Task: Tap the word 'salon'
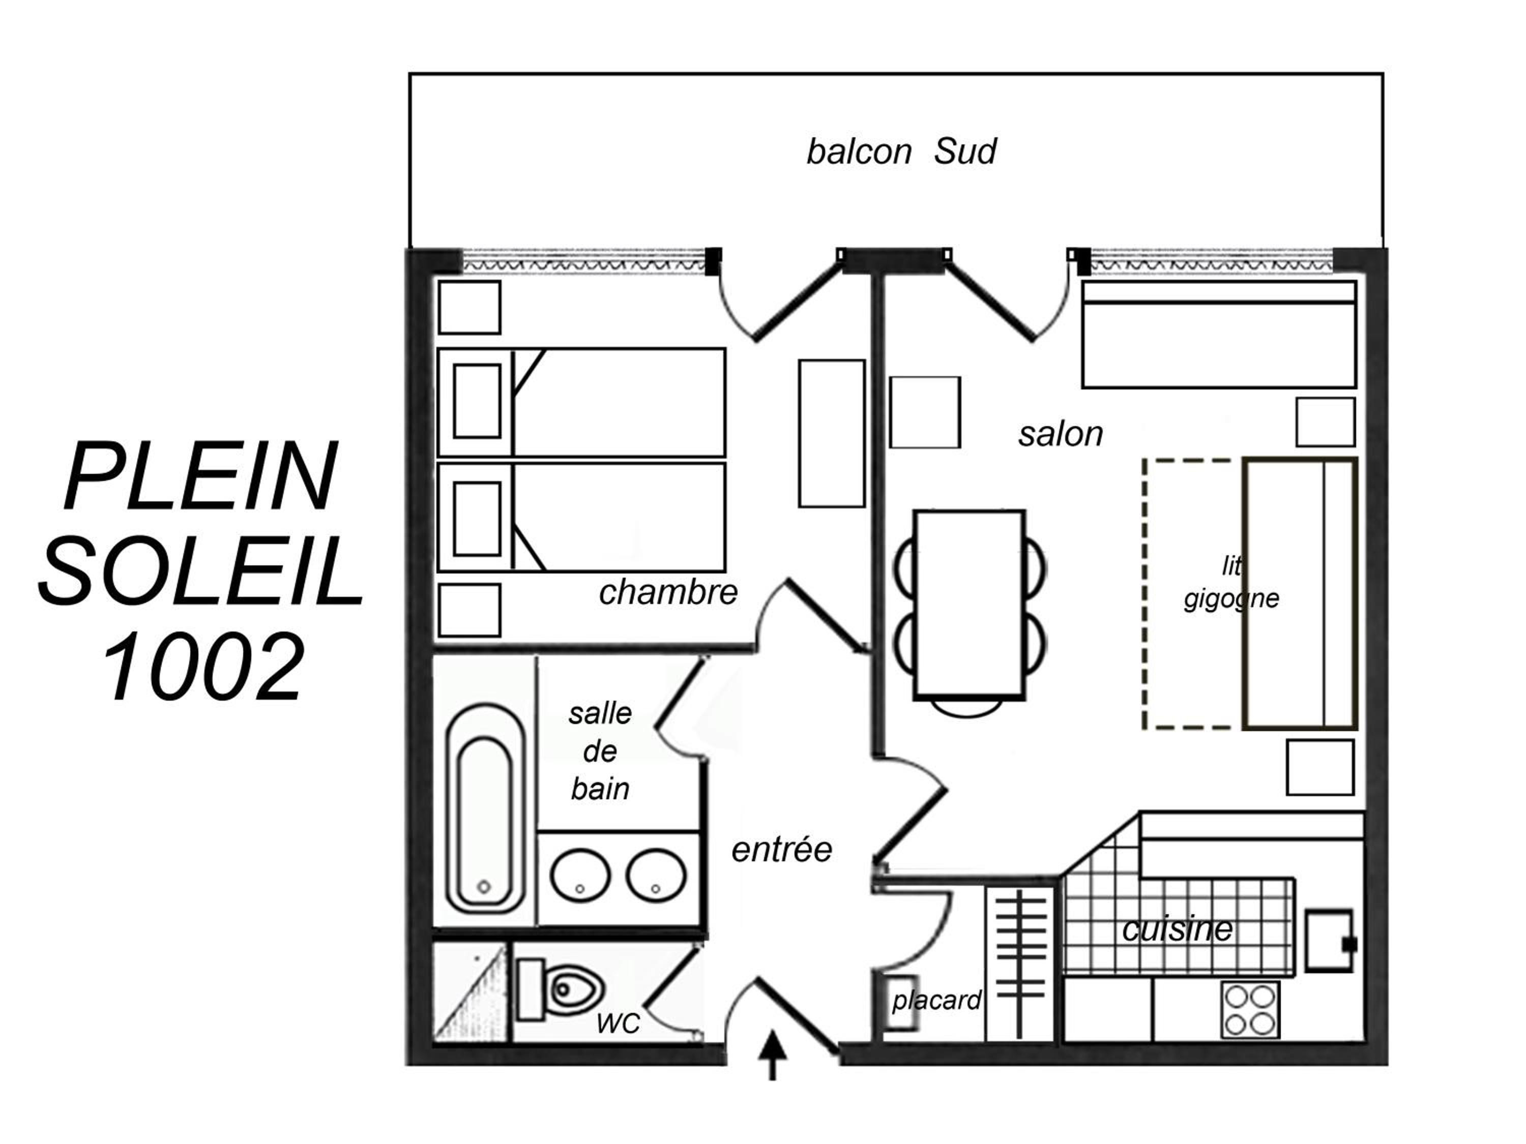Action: pos(1061,434)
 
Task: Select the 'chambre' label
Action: pos(668,592)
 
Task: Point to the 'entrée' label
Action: pos(782,849)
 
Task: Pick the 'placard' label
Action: pos(936,1000)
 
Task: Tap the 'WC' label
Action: pos(618,1024)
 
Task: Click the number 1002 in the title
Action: pos(204,668)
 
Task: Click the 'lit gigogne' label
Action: pos(1231,583)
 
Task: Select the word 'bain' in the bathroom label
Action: pos(600,789)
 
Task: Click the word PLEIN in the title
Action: pos(200,476)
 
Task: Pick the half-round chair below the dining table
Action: pos(967,708)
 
